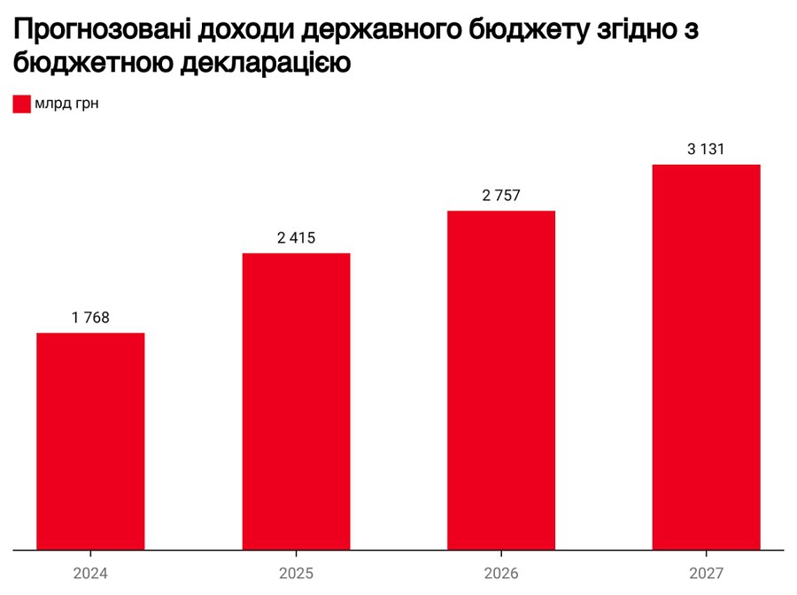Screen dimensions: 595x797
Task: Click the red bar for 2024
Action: pos(90,441)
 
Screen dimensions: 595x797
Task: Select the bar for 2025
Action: pos(296,401)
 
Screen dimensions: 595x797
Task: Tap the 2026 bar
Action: pos(501,380)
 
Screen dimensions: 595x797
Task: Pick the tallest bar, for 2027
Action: pos(706,357)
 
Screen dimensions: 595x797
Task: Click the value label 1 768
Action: pos(90,318)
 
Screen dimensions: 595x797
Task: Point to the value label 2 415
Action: pos(296,238)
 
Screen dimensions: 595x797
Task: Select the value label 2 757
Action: pos(501,196)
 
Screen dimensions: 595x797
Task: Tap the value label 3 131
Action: pos(706,150)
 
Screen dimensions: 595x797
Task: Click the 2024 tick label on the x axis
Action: pos(90,574)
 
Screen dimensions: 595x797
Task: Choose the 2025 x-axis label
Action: pos(296,574)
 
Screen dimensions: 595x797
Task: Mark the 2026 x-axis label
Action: pos(501,574)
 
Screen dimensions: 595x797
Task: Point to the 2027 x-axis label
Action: pos(706,574)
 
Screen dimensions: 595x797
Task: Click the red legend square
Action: pos(22,104)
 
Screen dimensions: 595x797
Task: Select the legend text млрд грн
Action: pos(67,104)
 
